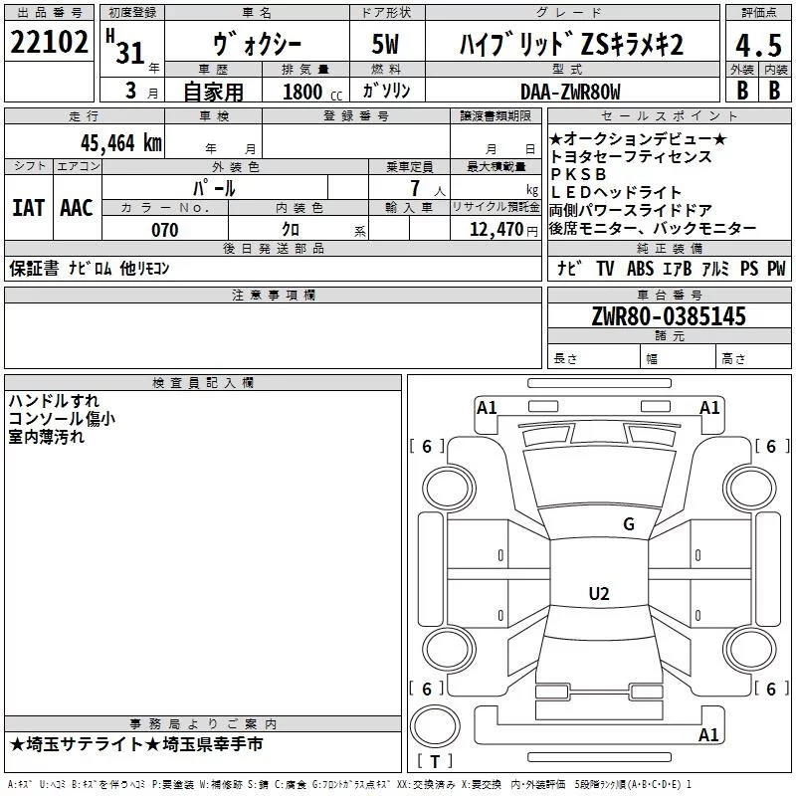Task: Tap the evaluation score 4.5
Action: (756, 46)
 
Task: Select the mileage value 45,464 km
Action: (114, 142)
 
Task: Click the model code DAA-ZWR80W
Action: (570, 92)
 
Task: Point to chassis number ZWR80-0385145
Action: (669, 316)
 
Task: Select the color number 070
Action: (164, 230)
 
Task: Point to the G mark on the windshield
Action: (628, 524)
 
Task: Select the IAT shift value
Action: (28, 207)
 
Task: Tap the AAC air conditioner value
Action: (77, 207)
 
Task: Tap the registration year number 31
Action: (129, 52)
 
